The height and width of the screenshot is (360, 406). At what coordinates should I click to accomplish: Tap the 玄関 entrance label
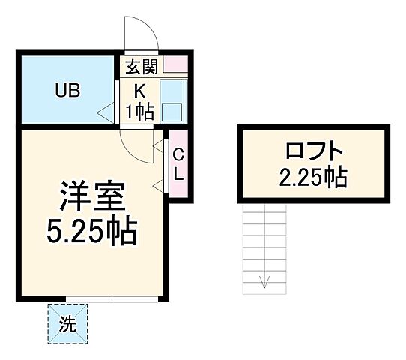[142, 67]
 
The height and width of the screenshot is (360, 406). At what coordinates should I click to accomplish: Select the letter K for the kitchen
[140, 91]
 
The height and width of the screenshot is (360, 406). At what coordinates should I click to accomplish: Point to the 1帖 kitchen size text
[140, 112]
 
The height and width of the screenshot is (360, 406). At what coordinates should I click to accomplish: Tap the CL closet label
[178, 164]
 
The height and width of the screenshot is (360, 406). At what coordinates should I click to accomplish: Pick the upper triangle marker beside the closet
[159, 142]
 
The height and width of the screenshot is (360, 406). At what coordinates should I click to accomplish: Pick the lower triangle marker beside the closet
[159, 184]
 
